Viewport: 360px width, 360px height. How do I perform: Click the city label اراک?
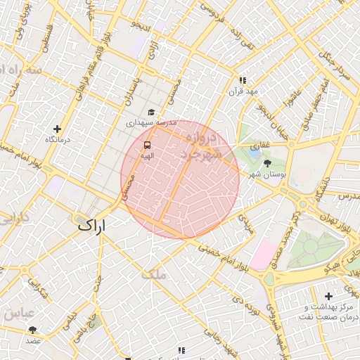coord(91,226)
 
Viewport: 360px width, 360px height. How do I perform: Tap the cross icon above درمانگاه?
coord(58,129)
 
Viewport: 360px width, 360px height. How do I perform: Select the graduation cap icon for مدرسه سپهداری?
coord(151,112)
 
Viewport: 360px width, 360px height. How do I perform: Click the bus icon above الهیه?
coord(146,144)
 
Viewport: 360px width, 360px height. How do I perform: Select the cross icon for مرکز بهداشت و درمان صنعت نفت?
coord(328,295)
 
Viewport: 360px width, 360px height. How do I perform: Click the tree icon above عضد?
coord(32,329)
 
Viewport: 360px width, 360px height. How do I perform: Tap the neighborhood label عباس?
coord(17,314)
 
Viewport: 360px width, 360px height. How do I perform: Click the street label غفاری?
coord(261,144)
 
